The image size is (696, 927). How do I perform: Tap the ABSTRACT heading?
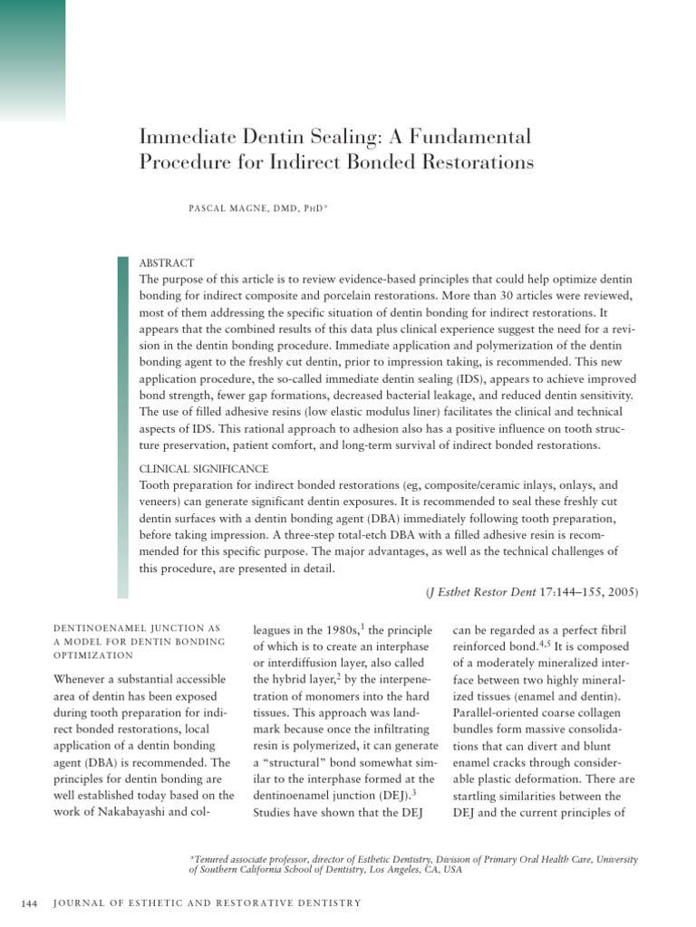point(168,263)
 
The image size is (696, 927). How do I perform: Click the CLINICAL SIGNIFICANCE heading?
point(204,469)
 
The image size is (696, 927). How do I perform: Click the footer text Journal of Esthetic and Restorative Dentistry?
point(208,902)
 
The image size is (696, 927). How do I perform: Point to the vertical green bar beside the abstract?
point(122,425)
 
